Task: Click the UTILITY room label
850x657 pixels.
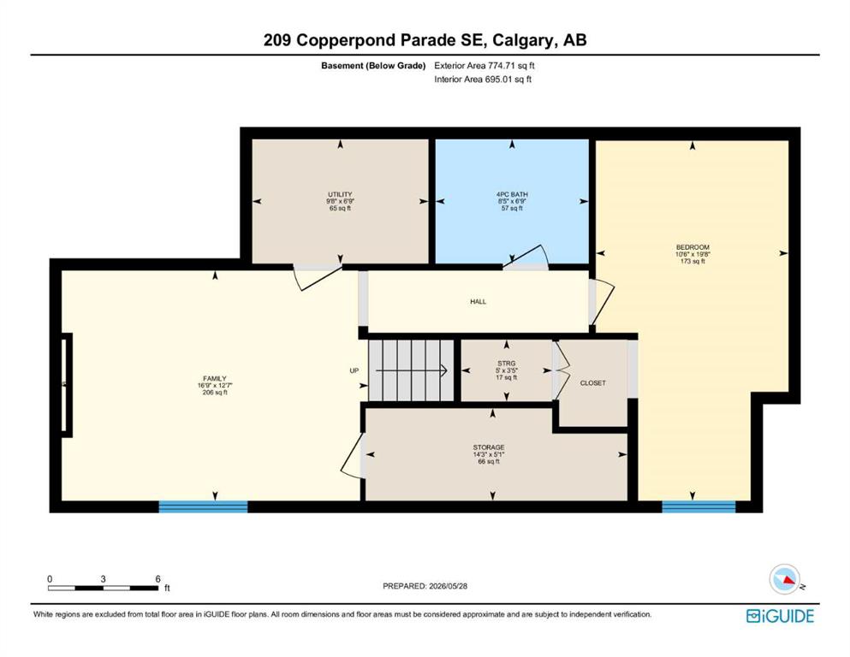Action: tap(340, 194)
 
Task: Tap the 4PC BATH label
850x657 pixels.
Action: tap(512, 194)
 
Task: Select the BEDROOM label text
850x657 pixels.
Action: tap(692, 247)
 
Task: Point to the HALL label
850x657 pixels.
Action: tap(478, 302)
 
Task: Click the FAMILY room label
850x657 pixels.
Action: tap(215, 379)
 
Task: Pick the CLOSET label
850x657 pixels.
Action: tap(593, 383)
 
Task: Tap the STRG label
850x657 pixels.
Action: tap(506, 364)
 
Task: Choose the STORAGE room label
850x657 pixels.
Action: tap(489, 447)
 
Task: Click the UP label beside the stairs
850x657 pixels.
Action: tap(354, 371)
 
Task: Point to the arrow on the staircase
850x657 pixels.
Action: tap(411, 370)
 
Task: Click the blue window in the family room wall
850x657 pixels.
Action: tap(203, 507)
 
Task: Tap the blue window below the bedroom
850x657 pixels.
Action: tap(698, 507)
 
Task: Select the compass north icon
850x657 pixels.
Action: tap(785, 579)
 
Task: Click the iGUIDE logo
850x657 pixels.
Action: tap(780, 617)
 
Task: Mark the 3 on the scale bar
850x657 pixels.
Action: tap(103, 579)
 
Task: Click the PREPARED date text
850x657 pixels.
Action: tap(425, 586)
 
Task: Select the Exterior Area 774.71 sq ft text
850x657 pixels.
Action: tap(484, 66)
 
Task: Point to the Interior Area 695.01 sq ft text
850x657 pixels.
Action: tap(483, 79)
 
